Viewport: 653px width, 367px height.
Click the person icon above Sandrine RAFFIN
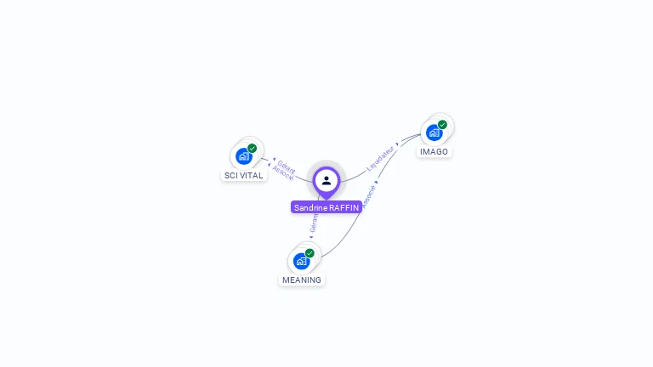326,180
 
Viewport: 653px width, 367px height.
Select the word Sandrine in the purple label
310,207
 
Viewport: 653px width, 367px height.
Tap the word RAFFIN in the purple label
344,207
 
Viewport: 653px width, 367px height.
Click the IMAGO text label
434,152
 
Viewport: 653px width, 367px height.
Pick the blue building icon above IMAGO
434,133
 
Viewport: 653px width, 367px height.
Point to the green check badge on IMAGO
442,125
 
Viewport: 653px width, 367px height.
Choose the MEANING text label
302,279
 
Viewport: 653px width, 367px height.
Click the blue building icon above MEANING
301,261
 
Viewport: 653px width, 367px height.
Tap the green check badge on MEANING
309,253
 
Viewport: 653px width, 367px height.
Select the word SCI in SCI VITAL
231,176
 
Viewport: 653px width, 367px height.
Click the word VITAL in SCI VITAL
252,176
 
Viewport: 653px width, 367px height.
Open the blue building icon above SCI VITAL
243,156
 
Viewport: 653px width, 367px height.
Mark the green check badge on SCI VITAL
252,149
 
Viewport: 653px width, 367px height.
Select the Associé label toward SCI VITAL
283,173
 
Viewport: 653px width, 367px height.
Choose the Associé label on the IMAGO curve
368,195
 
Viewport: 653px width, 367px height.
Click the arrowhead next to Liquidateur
397,144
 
